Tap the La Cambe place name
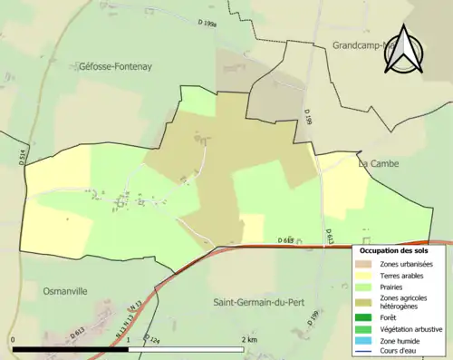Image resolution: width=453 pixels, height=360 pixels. tap(381, 163)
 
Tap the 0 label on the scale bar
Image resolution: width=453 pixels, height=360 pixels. tap(14, 339)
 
